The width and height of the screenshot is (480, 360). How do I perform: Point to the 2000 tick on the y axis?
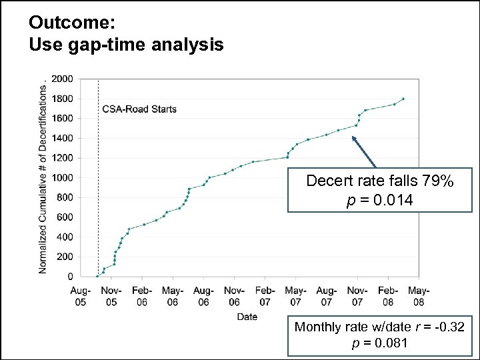pyautogui.click(x=63, y=79)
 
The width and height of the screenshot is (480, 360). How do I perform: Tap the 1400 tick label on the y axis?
pyautogui.click(x=63, y=138)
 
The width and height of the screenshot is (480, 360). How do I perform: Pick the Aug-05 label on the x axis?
pyautogui.click(x=81, y=296)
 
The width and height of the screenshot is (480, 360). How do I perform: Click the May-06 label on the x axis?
pyautogui.click(x=173, y=296)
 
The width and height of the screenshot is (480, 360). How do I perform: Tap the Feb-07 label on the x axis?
pyautogui.click(x=265, y=296)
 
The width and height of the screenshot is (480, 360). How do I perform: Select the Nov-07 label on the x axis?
pyautogui.click(x=357, y=296)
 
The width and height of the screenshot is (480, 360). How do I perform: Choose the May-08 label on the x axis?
pyautogui.click(x=419, y=296)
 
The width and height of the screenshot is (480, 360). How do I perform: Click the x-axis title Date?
pyautogui.click(x=247, y=317)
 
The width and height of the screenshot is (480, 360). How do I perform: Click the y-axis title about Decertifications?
pyautogui.click(x=43, y=177)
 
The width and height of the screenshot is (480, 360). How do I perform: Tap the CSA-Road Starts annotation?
pyautogui.click(x=139, y=109)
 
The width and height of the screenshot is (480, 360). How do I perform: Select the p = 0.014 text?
pyautogui.click(x=379, y=200)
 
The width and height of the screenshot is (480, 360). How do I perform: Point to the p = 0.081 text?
pyautogui.click(x=379, y=343)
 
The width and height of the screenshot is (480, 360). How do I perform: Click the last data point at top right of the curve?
pyautogui.click(x=403, y=99)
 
